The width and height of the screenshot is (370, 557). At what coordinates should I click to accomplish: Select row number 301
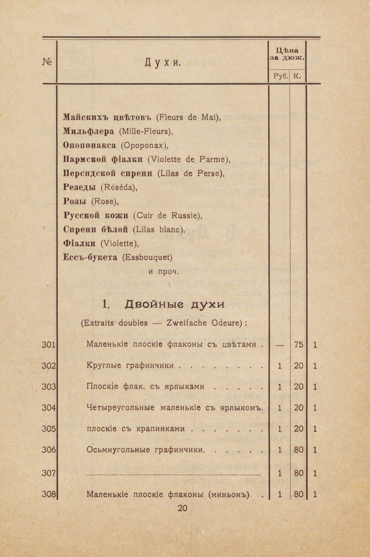[x=49, y=345]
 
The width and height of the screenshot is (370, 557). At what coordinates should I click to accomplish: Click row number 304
[x=49, y=407]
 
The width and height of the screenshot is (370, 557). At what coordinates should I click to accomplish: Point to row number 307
[x=49, y=473]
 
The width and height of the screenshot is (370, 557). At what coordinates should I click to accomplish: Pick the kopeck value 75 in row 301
[x=298, y=345]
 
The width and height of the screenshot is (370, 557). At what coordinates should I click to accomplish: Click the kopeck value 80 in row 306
[x=298, y=450]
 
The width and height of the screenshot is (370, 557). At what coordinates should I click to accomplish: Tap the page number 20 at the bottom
[x=182, y=508]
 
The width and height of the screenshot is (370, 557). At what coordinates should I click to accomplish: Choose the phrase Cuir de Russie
[x=167, y=215]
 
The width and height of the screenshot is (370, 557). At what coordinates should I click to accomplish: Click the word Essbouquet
[x=147, y=258]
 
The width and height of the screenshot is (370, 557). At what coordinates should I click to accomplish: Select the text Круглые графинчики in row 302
[x=132, y=366]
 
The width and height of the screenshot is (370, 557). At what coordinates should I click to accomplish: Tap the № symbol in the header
[x=47, y=62]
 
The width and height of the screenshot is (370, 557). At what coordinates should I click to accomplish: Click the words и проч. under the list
[x=164, y=272]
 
